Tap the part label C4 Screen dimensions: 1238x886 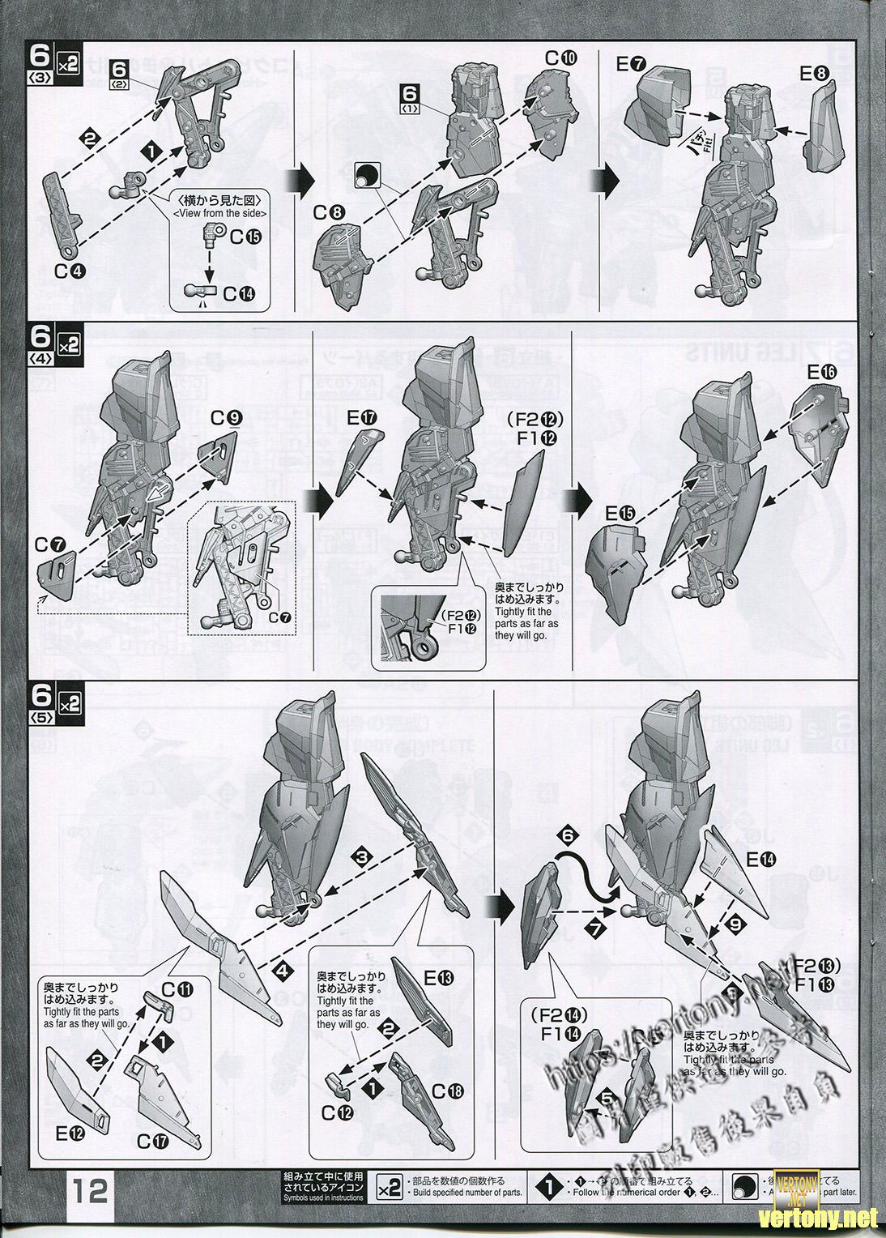(68, 271)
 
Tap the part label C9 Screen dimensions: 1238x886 (226, 418)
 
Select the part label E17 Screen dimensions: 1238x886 (357, 418)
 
